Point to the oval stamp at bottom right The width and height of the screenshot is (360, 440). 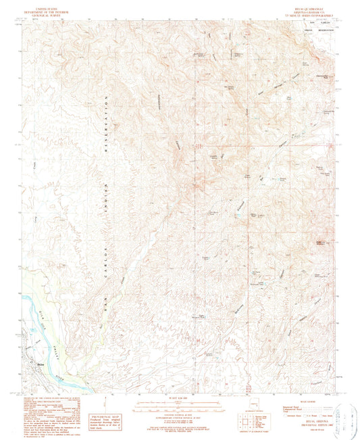[x=342, y=412]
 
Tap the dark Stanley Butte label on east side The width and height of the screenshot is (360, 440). [x=309, y=242]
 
